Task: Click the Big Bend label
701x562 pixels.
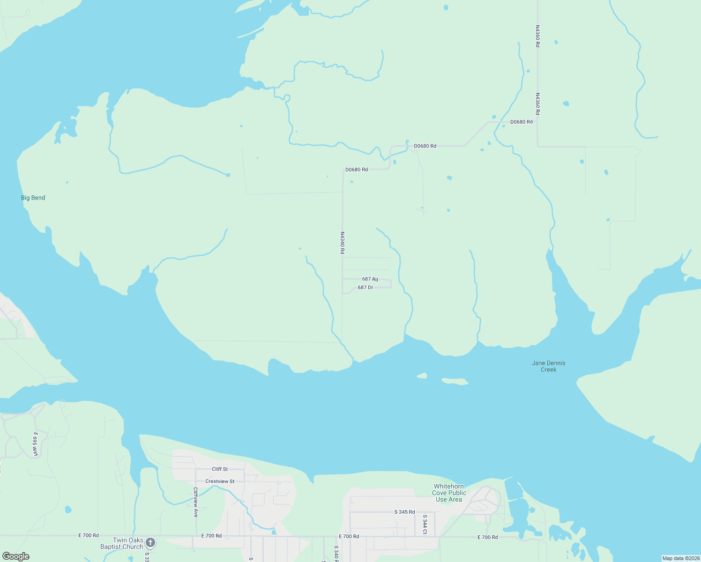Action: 33,198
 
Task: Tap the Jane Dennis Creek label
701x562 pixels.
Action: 548,366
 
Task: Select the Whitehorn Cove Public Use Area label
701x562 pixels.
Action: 449,493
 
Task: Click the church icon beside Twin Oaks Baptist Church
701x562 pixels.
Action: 150,542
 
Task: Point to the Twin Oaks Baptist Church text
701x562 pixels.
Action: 122,543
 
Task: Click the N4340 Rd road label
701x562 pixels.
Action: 343,243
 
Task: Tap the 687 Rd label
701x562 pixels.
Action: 370,279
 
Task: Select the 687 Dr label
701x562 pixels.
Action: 365,288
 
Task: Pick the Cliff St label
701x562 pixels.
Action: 220,469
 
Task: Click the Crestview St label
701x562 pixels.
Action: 220,481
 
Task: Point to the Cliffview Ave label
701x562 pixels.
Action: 196,502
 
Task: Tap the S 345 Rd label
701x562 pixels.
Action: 404,512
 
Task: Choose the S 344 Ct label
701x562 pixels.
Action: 425,525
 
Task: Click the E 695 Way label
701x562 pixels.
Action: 35,444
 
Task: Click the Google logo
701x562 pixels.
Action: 16,556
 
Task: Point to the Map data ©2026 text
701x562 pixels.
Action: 680,558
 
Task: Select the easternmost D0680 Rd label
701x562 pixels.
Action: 521,122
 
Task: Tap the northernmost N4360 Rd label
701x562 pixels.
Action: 537,36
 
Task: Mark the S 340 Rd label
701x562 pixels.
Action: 336,554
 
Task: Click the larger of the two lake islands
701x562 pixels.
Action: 455,382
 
